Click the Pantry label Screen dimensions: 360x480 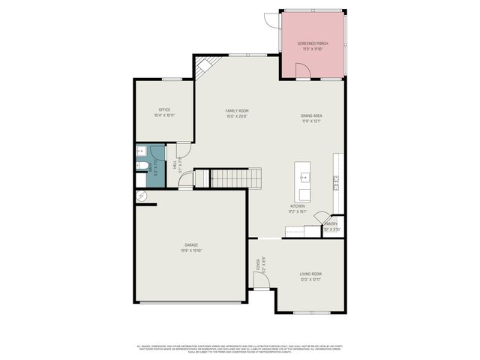(331, 223)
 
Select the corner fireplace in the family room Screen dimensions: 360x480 (202, 67)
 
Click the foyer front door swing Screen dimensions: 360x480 (260, 280)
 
